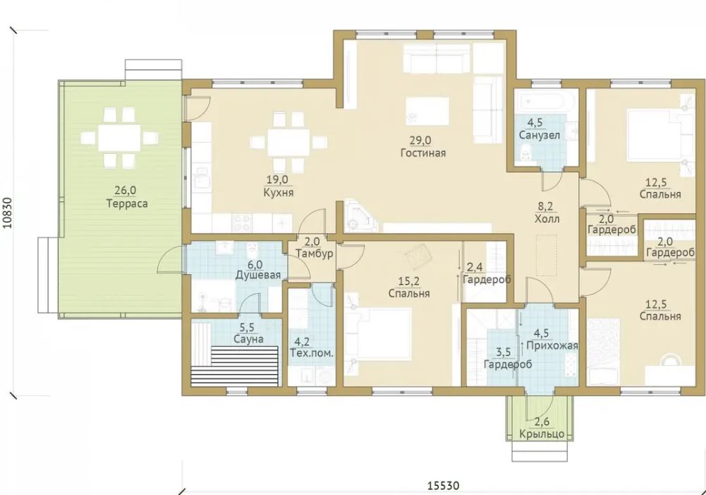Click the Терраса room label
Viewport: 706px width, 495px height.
(127, 204)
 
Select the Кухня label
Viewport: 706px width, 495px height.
(279, 193)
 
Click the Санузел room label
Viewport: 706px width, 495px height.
(540, 135)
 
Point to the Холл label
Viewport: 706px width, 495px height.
(547, 219)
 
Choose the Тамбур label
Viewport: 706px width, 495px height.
(315, 254)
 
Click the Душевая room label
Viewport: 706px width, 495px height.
(258, 275)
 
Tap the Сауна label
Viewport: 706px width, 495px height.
(248, 339)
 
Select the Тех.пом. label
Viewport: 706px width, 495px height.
(312, 353)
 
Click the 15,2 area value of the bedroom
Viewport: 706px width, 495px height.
(409, 282)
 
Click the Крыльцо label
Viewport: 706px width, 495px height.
(542, 434)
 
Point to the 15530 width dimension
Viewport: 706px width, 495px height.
(443, 486)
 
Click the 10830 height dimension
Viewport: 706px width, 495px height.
(8, 213)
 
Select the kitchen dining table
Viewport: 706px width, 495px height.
(288, 141)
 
